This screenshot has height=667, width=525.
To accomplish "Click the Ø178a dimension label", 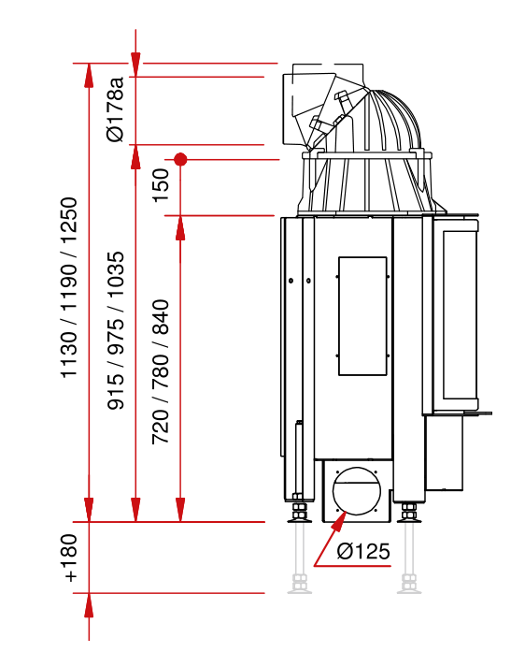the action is click(116, 109).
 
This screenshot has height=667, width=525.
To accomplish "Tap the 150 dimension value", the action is click(161, 185).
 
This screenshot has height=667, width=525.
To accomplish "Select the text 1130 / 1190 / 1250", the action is click(69, 287).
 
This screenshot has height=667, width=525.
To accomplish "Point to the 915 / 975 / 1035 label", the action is click(116, 330).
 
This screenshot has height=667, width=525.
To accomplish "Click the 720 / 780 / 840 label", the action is click(161, 372).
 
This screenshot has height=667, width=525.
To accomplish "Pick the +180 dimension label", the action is click(70, 558).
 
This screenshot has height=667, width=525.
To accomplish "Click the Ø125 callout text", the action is click(363, 551).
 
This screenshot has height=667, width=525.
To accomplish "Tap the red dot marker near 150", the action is click(180, 160).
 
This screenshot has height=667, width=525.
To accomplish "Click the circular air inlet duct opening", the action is click(357, 491).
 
